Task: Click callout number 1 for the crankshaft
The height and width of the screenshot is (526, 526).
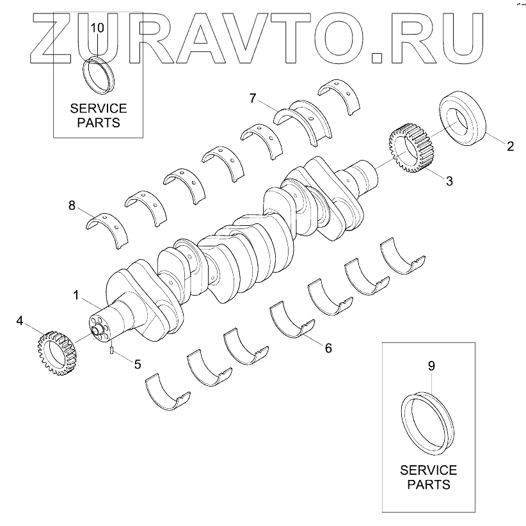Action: [76, 296]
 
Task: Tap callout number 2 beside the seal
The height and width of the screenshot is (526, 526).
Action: [510, 146]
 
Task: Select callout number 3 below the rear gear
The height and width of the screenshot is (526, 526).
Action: [449, 181]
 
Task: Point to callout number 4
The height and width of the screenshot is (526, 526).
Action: [20, 320]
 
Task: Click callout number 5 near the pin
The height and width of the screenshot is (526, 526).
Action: [138, 363]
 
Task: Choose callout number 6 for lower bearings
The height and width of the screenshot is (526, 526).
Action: [328, 348]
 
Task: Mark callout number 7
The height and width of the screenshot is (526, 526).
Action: [253, 98]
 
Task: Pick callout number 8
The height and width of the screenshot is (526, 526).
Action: [72, 205]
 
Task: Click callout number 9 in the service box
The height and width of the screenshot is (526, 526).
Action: [431, 366]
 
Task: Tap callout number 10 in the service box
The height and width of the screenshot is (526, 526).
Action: [97, 28]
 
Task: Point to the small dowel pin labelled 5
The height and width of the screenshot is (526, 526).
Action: [111, 349]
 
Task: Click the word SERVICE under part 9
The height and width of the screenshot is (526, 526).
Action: [428, 470]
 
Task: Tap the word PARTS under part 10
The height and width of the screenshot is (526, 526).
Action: [99, 122]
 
